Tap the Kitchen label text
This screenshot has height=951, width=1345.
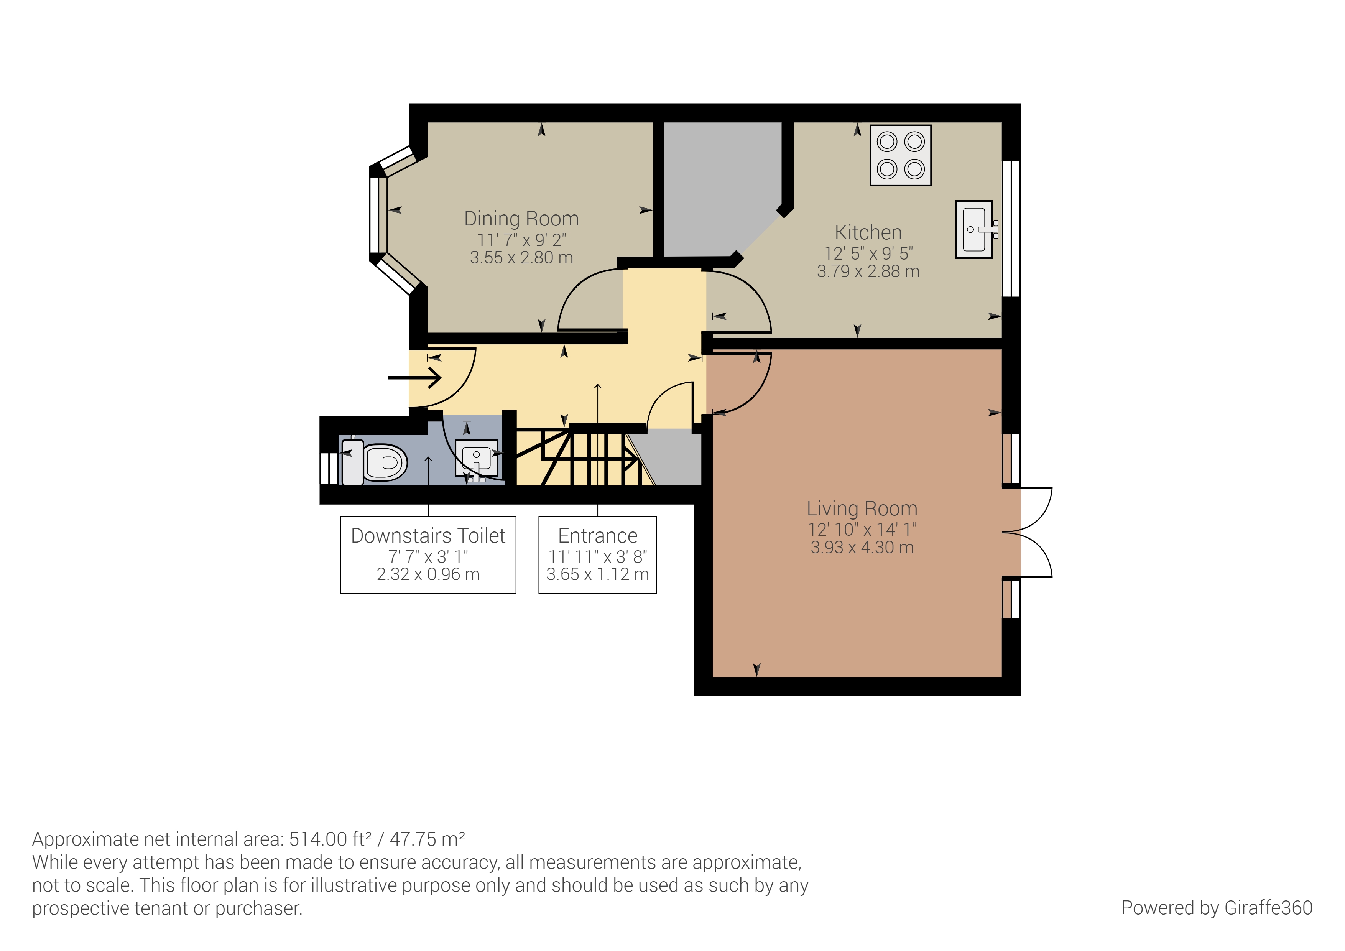point(868,233)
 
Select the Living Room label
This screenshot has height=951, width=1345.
point(862,508)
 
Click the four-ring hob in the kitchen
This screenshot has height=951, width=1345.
point(900,156)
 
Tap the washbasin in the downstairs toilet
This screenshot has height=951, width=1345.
point(476,458)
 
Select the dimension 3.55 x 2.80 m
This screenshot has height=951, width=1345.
point(521,258)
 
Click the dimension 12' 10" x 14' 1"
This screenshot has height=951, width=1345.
point(862,530)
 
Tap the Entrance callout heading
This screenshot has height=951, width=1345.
point(597,536)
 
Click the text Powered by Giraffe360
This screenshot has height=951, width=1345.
point(1216,908)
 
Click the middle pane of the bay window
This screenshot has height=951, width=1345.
point(378,214)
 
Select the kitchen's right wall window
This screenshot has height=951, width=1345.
point(1012,229)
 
